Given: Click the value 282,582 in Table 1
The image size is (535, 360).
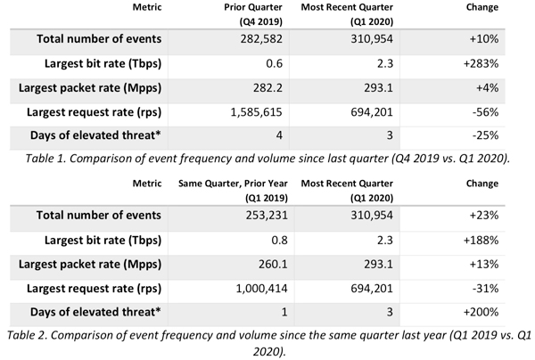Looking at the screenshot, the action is (261, 39).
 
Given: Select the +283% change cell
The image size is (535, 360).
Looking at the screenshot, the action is (481, 63).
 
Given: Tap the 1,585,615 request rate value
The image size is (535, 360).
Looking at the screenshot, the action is (256, 112).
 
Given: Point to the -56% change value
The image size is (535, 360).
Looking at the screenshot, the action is (485, 112).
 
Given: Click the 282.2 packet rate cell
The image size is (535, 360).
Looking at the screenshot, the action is (267, 88).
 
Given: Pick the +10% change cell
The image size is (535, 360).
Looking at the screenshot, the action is (484, 39).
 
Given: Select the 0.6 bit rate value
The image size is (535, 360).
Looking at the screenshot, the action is (275, 63).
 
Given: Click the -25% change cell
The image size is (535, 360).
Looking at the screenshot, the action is (485, 135).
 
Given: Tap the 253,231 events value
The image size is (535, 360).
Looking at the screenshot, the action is (267, 216).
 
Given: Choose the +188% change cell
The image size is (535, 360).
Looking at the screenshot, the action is (481, 241).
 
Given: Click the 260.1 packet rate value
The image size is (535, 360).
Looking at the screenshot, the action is (273, 264).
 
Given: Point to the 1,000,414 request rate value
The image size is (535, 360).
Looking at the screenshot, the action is (261, 289).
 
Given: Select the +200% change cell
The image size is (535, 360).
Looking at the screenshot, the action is (481, 312).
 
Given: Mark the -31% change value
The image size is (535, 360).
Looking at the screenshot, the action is (485, 289).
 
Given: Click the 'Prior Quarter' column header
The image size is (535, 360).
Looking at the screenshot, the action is (253, 7).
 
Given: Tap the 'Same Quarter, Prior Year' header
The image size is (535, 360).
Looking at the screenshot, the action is (233, 184).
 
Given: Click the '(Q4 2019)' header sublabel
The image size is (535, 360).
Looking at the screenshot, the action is (261, 21).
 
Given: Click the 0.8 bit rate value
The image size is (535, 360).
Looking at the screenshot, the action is (279, 241).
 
